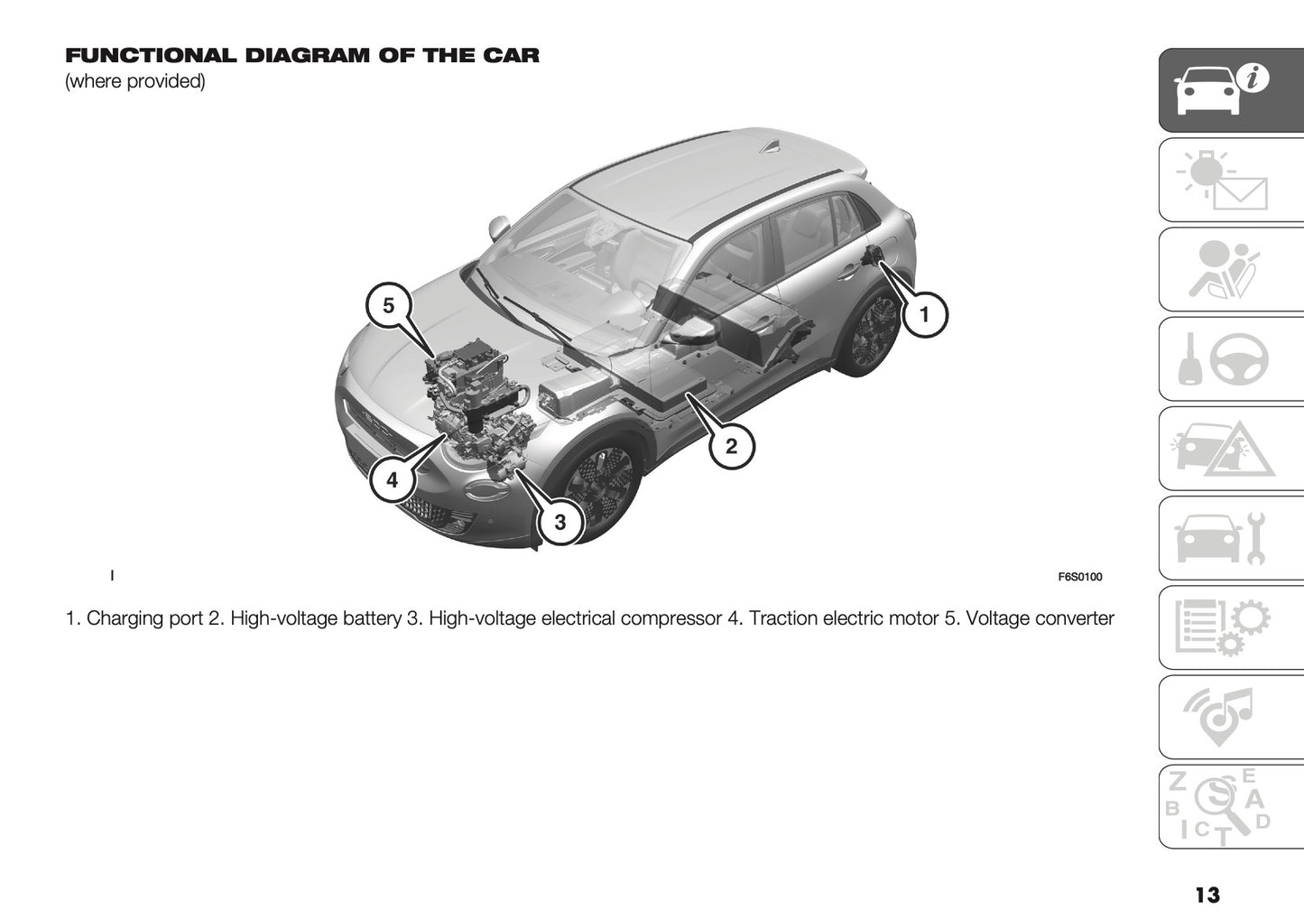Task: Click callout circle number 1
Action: tap(924, 315)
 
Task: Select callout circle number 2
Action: tap(731, 445)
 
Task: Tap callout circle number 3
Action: tap(560, 522)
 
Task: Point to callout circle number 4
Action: tap(392, 479)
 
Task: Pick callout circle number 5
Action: tap(388, 305)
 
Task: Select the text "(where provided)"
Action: tap(135, 81)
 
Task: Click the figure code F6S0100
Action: tap(1079, 578)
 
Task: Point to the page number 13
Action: tap(1207, 895)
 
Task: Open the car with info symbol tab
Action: tap(1229, 90)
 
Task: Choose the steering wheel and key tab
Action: tap(1229, 359)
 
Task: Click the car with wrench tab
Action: tap(1229, 538)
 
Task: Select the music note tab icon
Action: tap(1229, 717)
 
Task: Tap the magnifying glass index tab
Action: tap(1229, 806)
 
